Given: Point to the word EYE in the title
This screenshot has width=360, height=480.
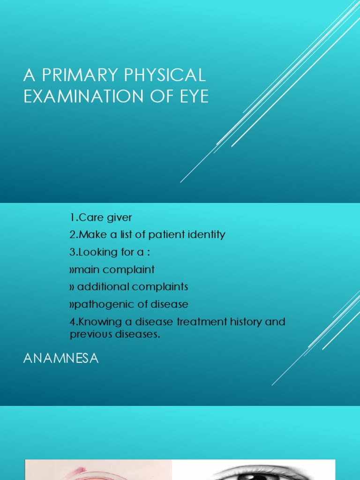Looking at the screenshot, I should click(192, 97).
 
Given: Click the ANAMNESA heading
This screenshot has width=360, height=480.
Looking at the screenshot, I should click(61, 359).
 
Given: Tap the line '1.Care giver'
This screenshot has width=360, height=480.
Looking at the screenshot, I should click(101, 217).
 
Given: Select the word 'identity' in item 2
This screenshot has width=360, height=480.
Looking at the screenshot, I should click(205, 234).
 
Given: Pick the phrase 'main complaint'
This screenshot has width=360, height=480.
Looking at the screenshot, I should click(115, 270).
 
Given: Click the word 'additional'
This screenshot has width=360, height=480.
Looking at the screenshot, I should click(99, 286).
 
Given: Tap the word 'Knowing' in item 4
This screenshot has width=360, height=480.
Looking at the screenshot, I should click(99, 322).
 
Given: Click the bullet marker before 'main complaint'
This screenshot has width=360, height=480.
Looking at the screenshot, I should click(72, 270).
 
